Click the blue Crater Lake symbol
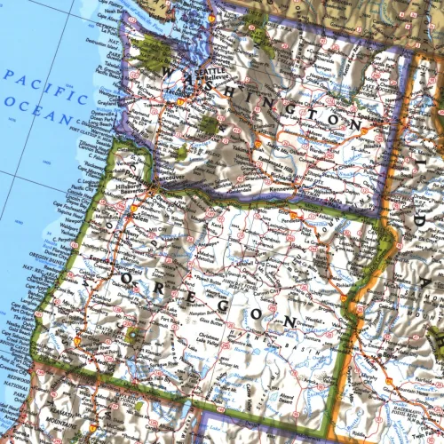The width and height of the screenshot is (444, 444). (133, 336)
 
